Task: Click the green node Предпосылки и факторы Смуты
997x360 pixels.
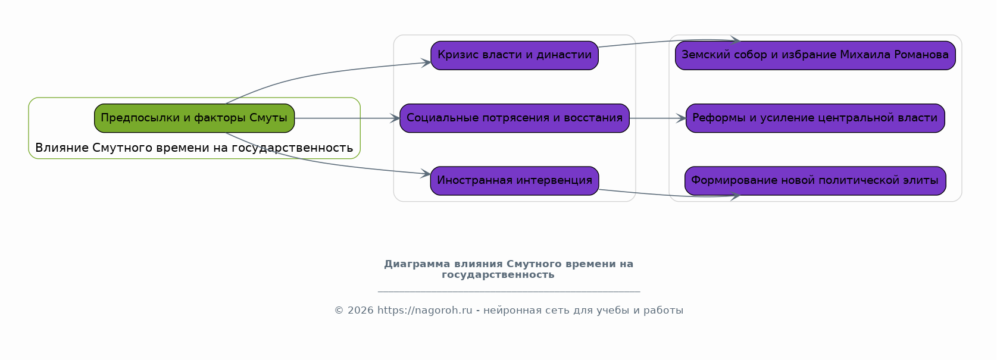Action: [x=194, y=118]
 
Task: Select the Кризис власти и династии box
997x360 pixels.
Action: [x=514, y=55]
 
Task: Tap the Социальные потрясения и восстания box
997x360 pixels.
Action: [x=514, y=118]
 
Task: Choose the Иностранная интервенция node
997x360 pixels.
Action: [x=514, y=181]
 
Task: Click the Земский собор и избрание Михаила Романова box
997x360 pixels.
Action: [x=815, y=55]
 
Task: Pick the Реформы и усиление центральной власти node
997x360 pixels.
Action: [x=815, y=118]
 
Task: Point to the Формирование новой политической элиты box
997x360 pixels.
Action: [x=815, y=181]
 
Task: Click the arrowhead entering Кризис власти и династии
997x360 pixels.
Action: [x=426, y=62]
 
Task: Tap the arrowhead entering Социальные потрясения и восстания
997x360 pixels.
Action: [x=395, y=118]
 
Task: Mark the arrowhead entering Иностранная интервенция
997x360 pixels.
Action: [x=426, y=174]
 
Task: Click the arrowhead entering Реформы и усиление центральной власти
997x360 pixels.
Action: [x=681, y=118]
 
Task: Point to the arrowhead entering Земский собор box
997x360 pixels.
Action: [x=735, y=40]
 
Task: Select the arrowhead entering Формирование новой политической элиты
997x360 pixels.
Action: [x=735, y=196]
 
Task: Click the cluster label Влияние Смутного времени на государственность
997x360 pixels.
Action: [x=194, y=148]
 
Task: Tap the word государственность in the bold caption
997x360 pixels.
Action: [x=498, y=274]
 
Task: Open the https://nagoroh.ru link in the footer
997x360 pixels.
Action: [x=424, y=310]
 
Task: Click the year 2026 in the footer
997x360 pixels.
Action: [x=360, y=310]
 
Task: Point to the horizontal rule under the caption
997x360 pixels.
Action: [x=509, y=292]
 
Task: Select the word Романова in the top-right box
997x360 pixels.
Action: [x=924, y=55]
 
